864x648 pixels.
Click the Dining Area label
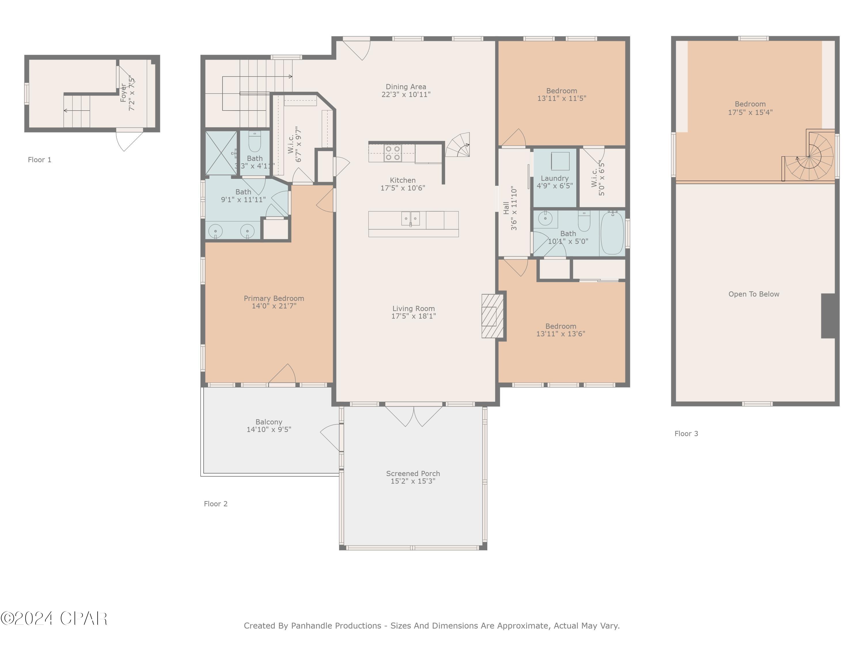(406, 87)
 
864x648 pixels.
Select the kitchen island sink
(410, 219)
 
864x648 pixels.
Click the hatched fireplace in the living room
(492, 316)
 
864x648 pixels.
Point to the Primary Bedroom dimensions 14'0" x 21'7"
(274, 306)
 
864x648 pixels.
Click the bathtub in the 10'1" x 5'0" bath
(612, 233)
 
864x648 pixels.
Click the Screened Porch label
(413, 473)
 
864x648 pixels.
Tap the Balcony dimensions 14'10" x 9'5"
(269, 430)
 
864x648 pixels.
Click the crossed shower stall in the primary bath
(221, 153)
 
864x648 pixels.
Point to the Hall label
(506, 208)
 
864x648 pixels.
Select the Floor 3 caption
(686, 433)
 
